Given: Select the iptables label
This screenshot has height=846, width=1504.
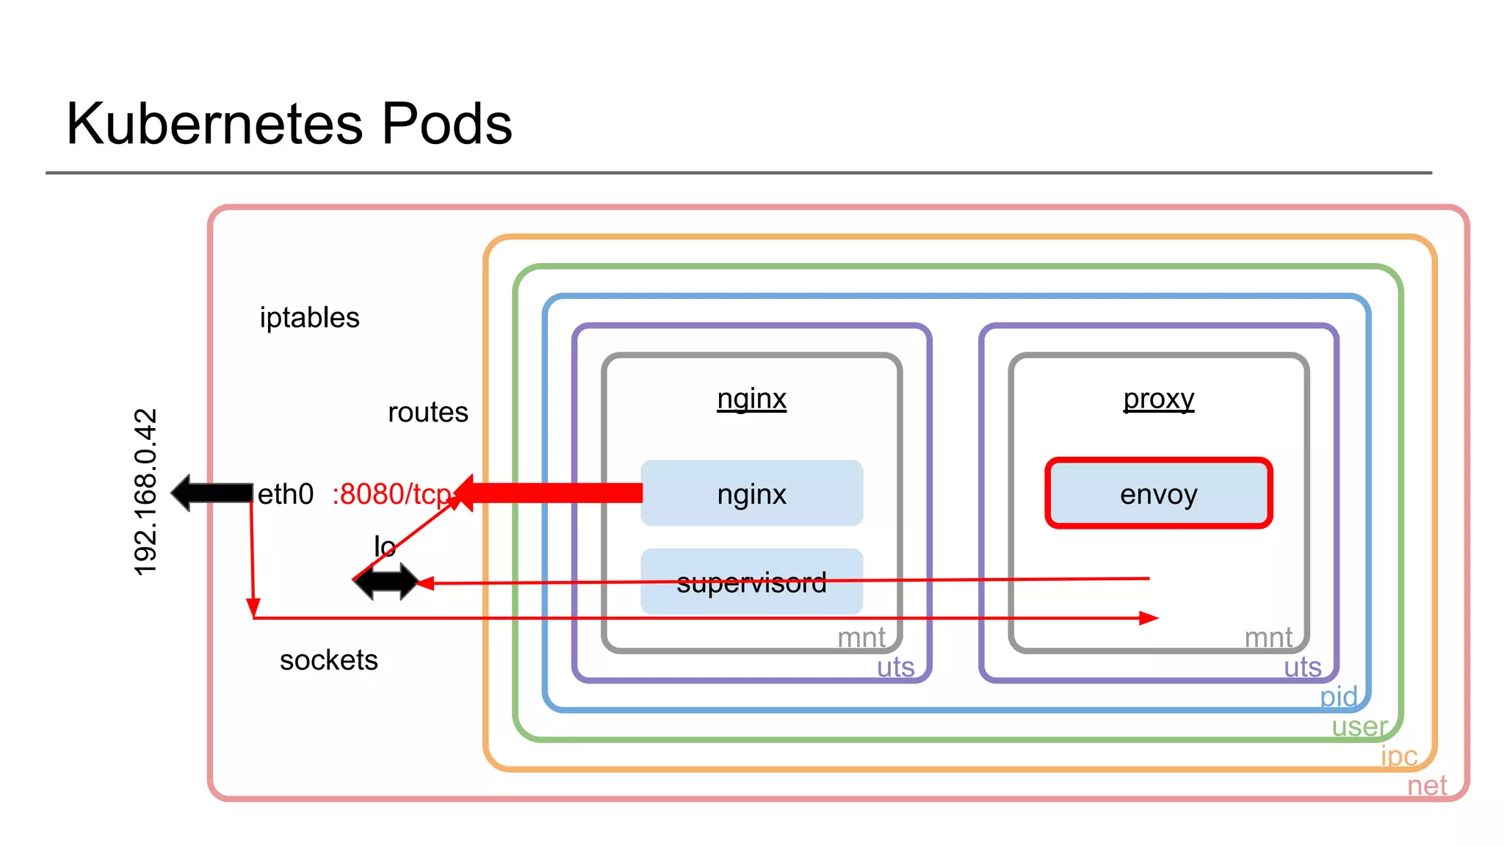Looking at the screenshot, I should (309, 318).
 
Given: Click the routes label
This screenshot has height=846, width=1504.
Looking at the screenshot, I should (427, 413).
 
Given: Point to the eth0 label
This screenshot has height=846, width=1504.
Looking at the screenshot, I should (285, 494).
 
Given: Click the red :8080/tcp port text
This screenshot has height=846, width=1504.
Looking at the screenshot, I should (391, 494).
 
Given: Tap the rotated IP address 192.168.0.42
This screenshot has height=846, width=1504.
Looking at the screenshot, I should (145, 491).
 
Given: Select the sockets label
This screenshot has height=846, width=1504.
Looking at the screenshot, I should (328, 660).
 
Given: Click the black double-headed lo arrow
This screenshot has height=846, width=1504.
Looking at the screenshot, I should (386, 582).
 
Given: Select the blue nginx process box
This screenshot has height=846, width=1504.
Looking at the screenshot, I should (751, 493).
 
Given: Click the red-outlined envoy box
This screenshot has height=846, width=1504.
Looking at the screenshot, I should (1158, 493).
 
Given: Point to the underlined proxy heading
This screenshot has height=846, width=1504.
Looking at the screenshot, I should (1158, 399).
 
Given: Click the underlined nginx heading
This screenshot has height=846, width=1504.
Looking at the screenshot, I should (751, 399).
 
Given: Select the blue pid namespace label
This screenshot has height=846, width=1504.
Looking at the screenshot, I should (1338, 696).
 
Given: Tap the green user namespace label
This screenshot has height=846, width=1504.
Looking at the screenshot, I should (1359, 726).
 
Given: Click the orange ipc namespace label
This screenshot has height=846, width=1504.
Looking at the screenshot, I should (1398, 756).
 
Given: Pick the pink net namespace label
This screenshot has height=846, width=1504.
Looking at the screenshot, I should (1426, 786).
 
